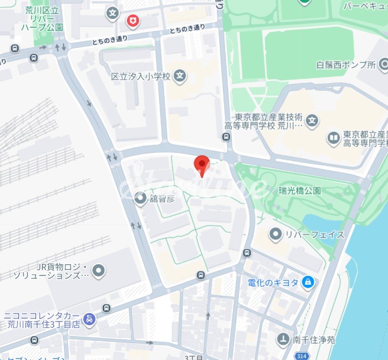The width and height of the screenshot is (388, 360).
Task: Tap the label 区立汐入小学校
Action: coord(140,77)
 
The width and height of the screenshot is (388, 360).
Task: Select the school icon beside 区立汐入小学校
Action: coord(180,76)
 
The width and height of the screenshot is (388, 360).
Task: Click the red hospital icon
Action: coord(132,21)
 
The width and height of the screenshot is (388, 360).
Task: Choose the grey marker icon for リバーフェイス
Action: coord(277,234)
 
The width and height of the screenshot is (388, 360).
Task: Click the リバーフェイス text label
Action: coord(315,234)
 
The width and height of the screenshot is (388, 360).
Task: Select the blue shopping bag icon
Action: coord(308,282)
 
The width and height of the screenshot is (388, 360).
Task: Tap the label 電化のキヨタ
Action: coord(273,282)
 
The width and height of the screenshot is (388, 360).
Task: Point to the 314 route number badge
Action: coord(302,356)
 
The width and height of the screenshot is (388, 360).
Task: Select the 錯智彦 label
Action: coord(161,198)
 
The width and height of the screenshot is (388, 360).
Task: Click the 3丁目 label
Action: coord(194,357)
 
